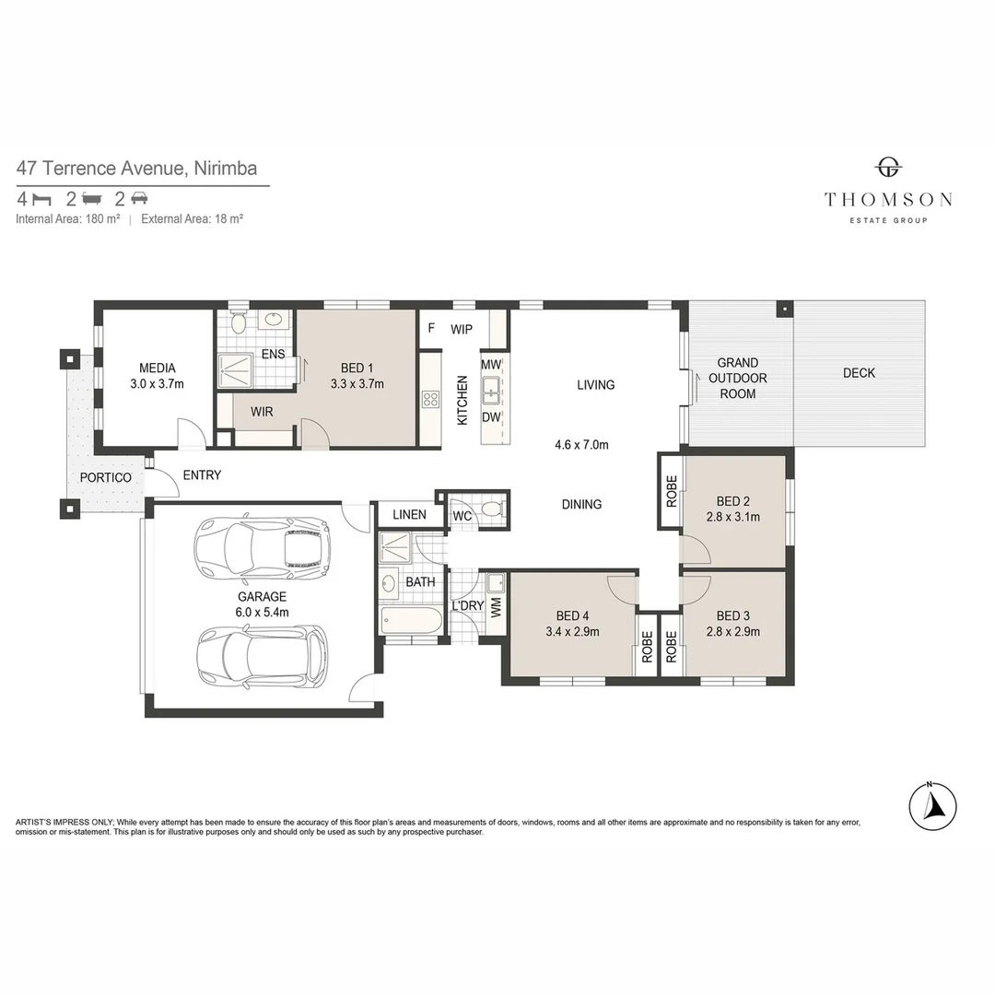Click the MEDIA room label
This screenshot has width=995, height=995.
click(x=157, y=368)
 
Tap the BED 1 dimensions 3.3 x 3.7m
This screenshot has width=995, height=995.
click(x=357, y=383)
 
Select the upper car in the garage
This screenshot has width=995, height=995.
click(x=263, y=545)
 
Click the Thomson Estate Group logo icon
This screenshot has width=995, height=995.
click(x=887, y=168)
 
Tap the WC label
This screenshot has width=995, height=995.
click(x=462, y=516)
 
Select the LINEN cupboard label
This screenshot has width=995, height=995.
click(x=409, y=514)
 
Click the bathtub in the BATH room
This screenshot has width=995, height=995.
click(x=410, y=619)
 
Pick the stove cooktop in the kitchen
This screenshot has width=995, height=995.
click(x=430, y=399)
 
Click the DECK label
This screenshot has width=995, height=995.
click(x=859, y=373)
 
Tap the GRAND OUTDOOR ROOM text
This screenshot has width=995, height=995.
click(x=737, y=378)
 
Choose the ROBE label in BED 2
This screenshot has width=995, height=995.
click(x=671, y=490)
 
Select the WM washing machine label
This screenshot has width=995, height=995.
click(x=496, y=608)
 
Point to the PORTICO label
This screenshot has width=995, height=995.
click(x=105, y=477)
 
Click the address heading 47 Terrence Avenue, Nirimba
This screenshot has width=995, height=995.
click(x=136, y=169)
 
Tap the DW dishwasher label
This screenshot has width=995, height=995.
click(x=491, y=417)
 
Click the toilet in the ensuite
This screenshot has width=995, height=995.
click(x=239, y=322)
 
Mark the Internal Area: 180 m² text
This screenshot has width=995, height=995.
click(x=68, y=219)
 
